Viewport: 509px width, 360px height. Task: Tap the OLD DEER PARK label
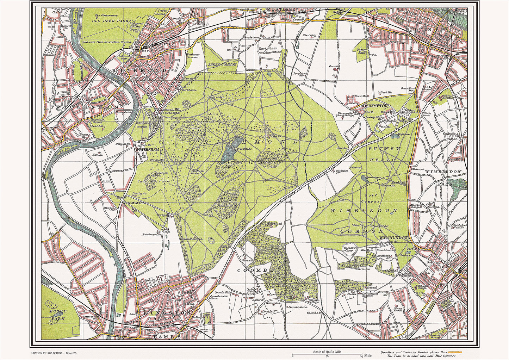(110, 21)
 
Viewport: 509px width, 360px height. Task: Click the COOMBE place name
(250, 270)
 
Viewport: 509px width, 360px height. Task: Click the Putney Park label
(362, 51)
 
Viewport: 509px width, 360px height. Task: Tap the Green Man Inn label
(408, 89)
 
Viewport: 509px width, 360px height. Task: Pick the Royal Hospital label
(448, 97)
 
